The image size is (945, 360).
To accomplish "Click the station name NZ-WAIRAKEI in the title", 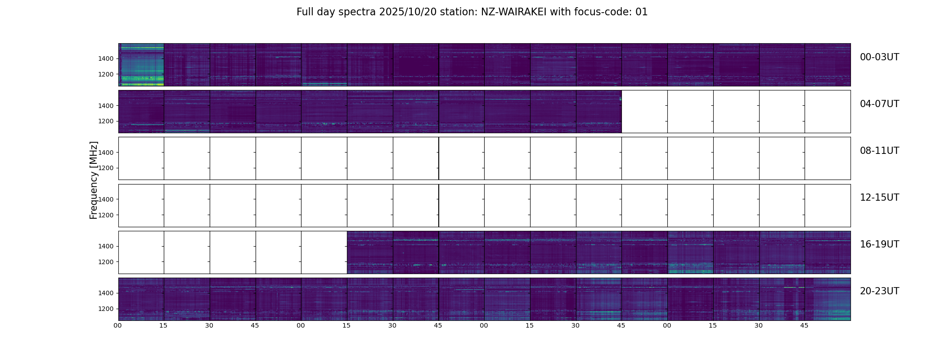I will pyautogui.click(x=513, y=12).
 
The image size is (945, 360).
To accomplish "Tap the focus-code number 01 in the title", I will pyautogui.click(x=642, y=12).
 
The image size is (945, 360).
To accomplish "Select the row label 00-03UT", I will pyautogui.click(x=879, y=57).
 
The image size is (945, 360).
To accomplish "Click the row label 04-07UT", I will pyautogui.click(x=879, y=104).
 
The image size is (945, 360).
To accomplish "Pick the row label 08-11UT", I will pyautogui.click(x=879, y=151).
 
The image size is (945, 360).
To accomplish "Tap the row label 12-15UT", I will pyautogui.click(x=879, y=198).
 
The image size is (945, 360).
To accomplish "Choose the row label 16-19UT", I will pyautogui.click(x=879, y=244).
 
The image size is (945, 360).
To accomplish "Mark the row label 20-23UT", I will pyautogui.click(x=879, y=291).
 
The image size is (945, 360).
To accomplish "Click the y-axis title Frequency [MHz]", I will pyautogui.click(x=94, y=180).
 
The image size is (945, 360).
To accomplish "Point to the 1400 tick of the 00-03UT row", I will pyautogui.click(x=106, y=59).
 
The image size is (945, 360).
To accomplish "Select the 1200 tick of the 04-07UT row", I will pyautogui.click(x=106, y=121).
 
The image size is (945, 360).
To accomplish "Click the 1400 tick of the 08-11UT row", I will pyautogui.click(x=106, y=153).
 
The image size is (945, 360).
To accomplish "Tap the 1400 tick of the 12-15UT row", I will pyautogui.click(x=106, y=200).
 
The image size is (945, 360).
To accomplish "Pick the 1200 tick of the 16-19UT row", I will pyautogui.click(x=106, y=262).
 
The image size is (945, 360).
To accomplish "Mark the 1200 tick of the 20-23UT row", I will pyautogui.click(x=106, y=309).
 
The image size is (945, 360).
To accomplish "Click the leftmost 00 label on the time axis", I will pyautogui.click(x=118, y=325).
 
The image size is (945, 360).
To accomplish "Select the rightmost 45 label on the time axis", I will pyautogui.click(x=804, y=325).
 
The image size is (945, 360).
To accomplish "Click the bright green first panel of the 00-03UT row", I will pyautogui.click(x=141, y=65).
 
